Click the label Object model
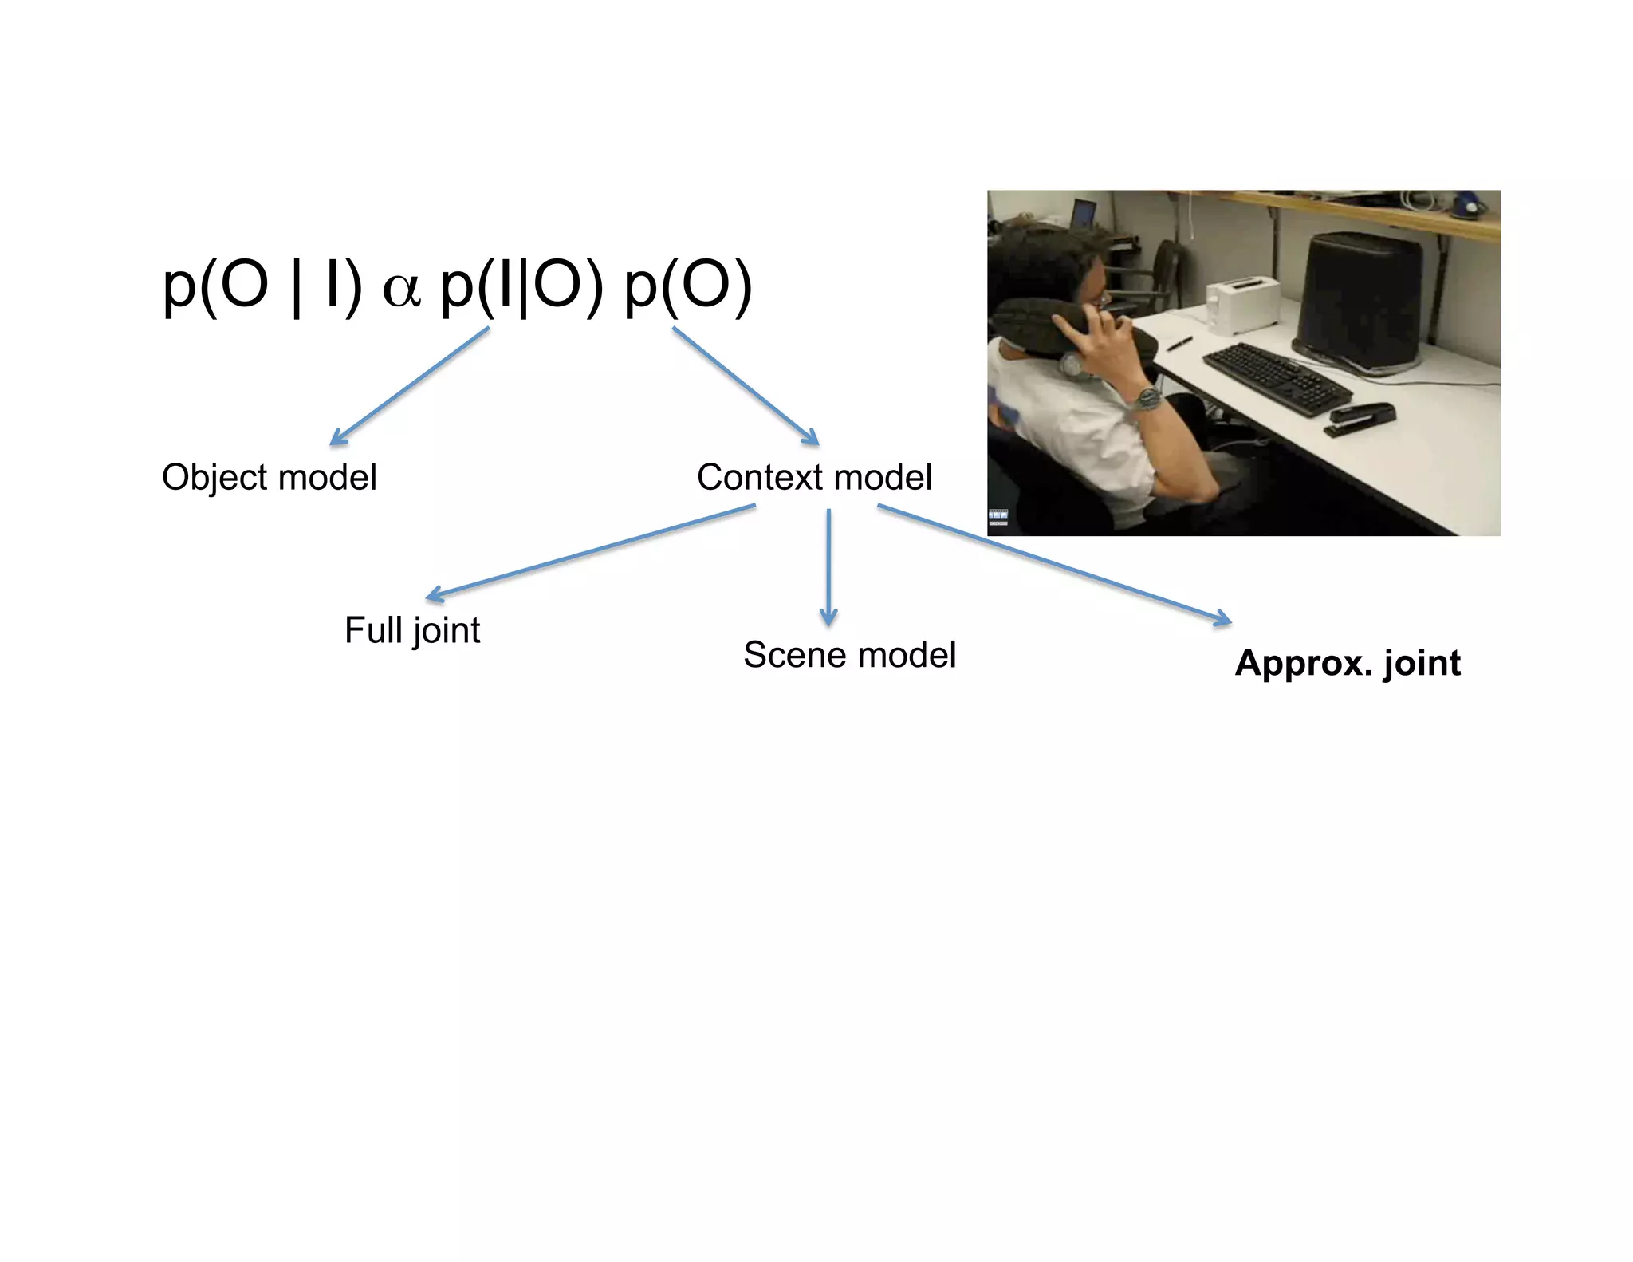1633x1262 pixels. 269,478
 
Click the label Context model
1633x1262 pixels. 814,478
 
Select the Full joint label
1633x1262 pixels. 412,630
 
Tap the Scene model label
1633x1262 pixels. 849,655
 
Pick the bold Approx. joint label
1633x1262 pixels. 1348,664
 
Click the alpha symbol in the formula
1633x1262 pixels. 401,289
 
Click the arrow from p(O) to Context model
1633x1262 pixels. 746,385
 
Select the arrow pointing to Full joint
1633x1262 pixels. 590,551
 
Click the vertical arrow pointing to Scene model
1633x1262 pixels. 828,566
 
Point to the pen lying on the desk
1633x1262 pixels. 1179,344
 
